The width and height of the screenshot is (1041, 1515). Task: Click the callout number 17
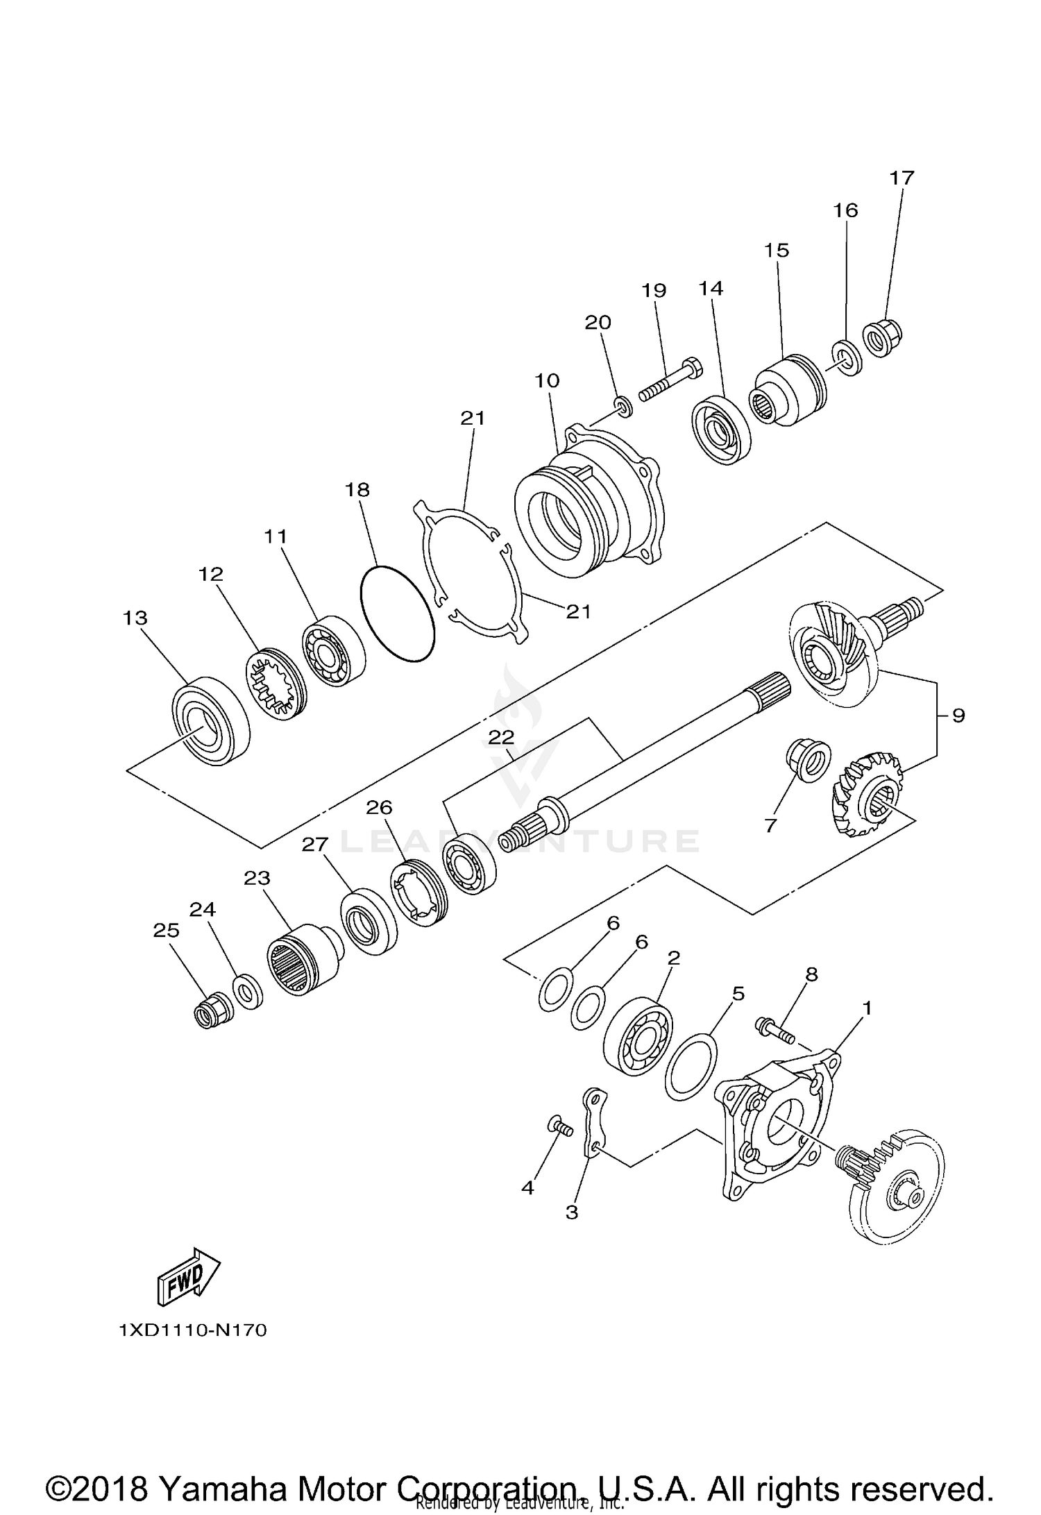point(902,178)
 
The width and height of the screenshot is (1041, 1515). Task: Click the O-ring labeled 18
point(398,613)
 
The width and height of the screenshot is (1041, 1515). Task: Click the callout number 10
point(547,380)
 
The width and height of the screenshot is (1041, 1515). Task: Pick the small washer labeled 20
point(623,406)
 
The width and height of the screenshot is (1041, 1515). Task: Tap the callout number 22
point(500,736)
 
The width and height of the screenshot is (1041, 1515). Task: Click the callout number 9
point(958,715)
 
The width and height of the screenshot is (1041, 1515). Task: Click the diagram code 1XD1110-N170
point(193,1330)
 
